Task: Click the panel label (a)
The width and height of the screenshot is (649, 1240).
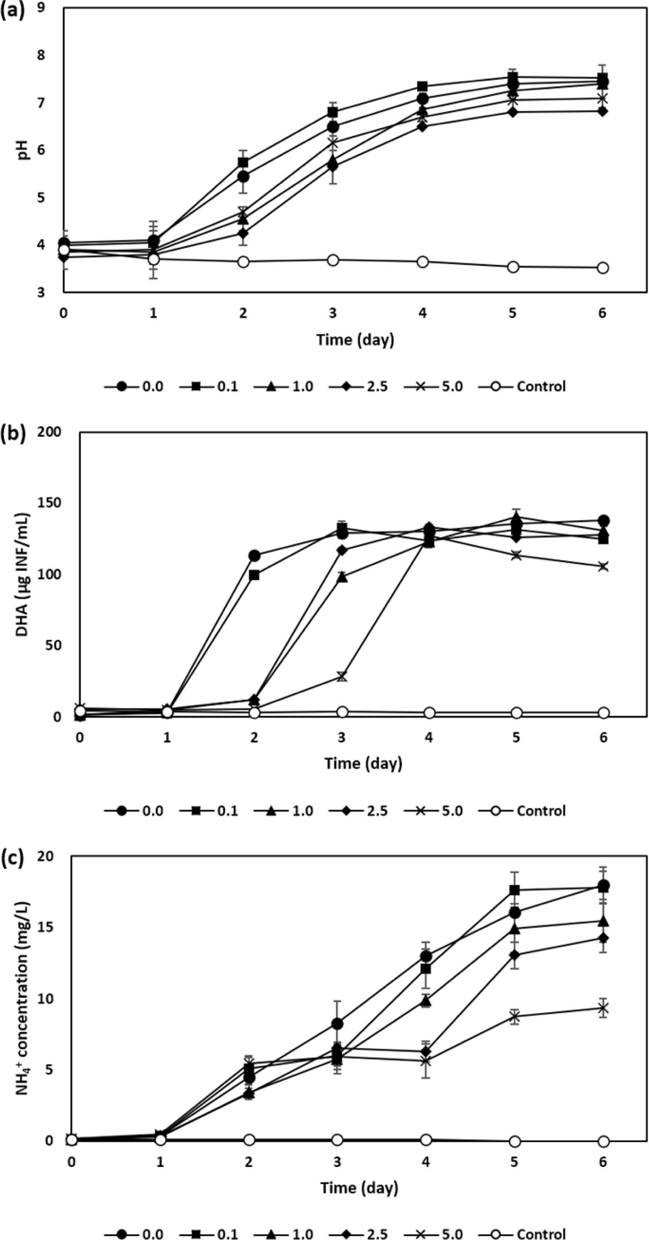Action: tap(13, 10)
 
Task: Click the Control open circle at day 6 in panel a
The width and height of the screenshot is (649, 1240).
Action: tap(602, 268)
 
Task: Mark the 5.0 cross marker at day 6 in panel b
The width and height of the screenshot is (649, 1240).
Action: tap(603, 566)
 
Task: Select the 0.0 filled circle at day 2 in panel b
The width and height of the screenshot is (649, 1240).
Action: tap(254, 555)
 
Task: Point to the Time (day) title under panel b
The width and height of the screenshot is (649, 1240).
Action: tap(363, 763)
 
